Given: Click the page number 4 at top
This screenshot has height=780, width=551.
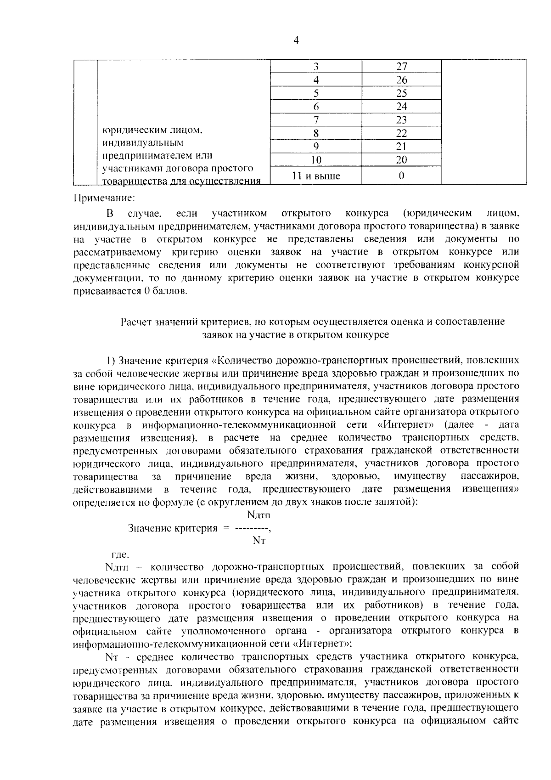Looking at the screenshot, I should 296,41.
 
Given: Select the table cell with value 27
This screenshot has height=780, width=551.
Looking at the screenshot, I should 401,66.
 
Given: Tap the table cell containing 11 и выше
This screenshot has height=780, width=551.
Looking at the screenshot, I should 316,175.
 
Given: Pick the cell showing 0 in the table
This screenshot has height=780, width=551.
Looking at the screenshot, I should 401,175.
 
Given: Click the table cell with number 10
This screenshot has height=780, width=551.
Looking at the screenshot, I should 316,160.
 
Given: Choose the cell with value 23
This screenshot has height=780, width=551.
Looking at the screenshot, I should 401,120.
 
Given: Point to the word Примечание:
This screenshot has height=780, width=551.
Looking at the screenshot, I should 104,198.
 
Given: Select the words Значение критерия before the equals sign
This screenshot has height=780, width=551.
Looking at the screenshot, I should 173,528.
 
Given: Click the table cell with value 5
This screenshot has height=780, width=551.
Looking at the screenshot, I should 316,93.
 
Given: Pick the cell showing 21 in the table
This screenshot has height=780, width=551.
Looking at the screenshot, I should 401,147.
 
